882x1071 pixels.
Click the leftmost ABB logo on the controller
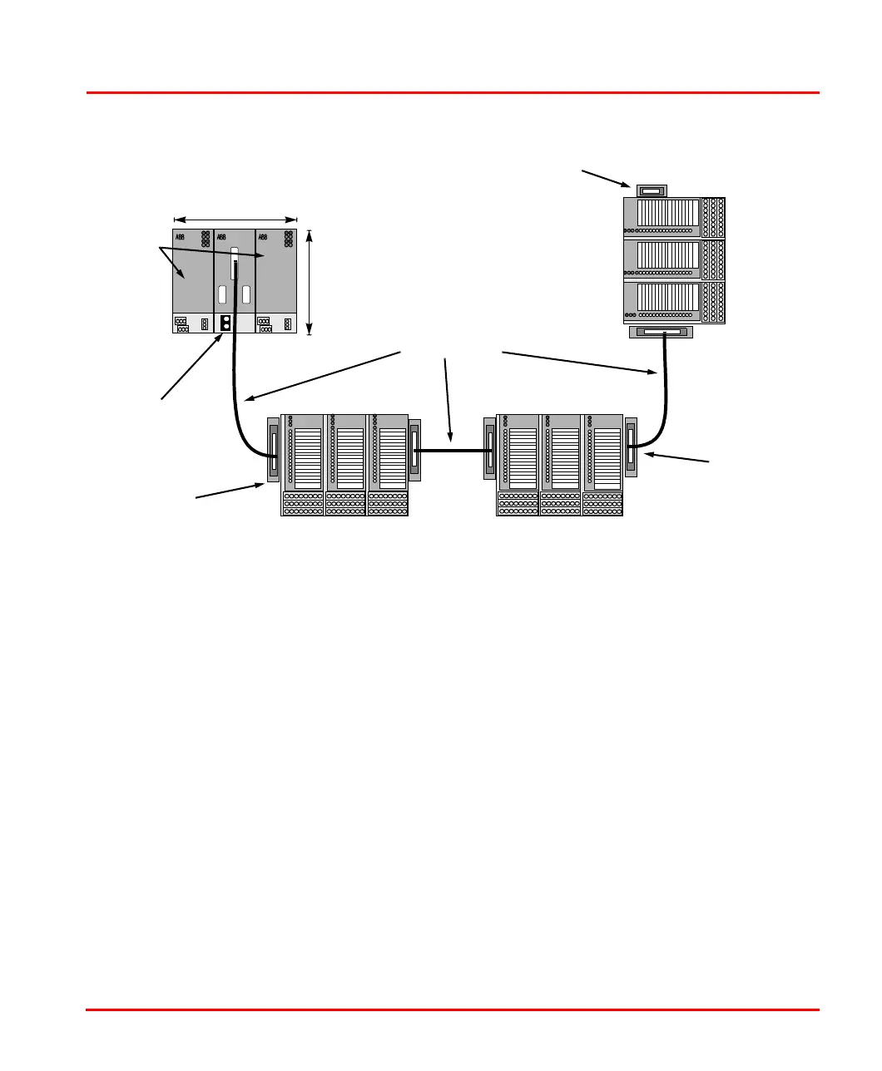click(180, 237)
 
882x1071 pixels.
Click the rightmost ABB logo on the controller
click(264, 237)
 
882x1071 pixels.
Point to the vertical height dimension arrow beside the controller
click(310, 283)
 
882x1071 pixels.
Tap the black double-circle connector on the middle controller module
click(225, 323)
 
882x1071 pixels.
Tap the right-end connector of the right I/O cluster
click(631, 447)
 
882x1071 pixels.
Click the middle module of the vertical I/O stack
click(674, 260)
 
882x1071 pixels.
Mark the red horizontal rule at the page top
click(453, 92)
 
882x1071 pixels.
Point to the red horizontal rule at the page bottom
click(453, 1010)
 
